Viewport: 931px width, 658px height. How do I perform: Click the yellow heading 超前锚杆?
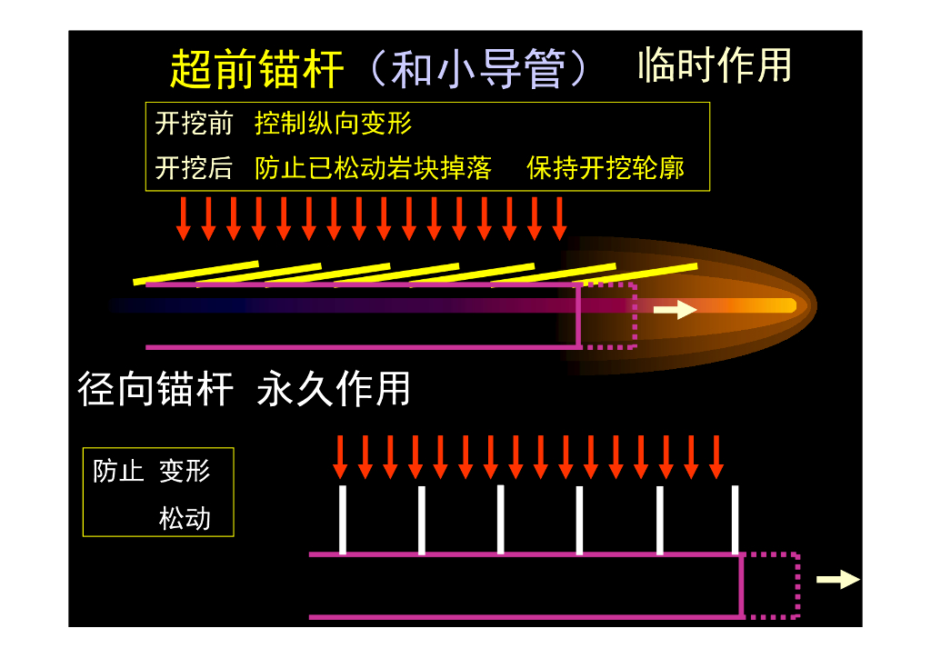[x=257, y=69]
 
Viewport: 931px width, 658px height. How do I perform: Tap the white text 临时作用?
[x=715, y=65]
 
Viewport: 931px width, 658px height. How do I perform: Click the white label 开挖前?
[x=194, y=124]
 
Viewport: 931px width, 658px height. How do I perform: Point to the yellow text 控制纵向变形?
[x=333, y=124]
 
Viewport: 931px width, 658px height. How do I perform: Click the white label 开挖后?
[x=194, y=168]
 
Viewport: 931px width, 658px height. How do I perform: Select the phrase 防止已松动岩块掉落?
[x=373, y=168]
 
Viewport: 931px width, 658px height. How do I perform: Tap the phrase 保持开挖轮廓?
[x=606, y=168]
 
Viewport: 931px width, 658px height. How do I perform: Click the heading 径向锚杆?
[x=155, y=388]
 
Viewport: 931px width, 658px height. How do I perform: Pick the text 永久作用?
[x=334, y=388]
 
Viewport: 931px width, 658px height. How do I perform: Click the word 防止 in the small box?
[x=118, y=471]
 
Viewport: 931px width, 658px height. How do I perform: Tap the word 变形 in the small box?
[x=185, y=471]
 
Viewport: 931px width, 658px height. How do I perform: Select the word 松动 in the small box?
[x=185, y=518]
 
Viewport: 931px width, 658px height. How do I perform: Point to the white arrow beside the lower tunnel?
[x=837, y=579]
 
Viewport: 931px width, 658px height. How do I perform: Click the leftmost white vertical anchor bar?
[x=343, y=519]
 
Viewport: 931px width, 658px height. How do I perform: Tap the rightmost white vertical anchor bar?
[x=735, y=519]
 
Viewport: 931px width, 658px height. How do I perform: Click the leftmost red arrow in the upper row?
[x=184, y=218]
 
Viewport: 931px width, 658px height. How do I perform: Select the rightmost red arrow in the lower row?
[x=716, y=456]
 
